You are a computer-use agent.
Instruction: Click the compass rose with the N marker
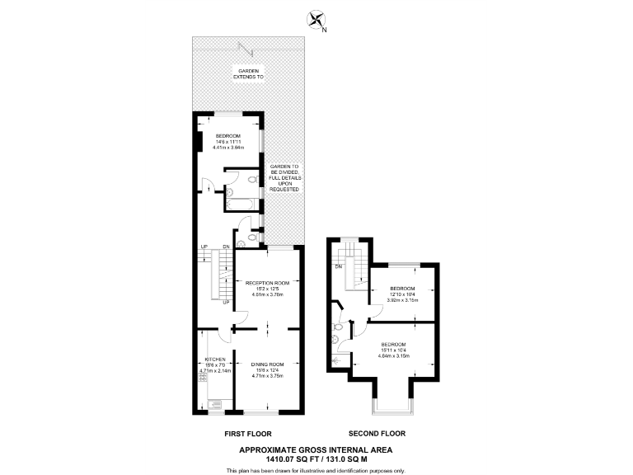(315, 20)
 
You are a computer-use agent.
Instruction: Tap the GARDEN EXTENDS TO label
(249, 75)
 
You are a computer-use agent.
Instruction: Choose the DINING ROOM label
(267, 369)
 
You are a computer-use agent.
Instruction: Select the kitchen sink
(216, 404)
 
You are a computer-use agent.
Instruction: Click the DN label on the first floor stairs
(226, 247)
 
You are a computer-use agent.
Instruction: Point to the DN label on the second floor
(338, 266)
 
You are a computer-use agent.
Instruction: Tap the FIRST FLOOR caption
(248, 433)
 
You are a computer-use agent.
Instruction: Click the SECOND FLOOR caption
(377, 433)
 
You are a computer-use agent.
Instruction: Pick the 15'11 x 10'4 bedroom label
(392, 349)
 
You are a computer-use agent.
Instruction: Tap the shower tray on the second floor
(336, 360)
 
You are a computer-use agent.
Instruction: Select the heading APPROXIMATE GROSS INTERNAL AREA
(316, 449)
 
